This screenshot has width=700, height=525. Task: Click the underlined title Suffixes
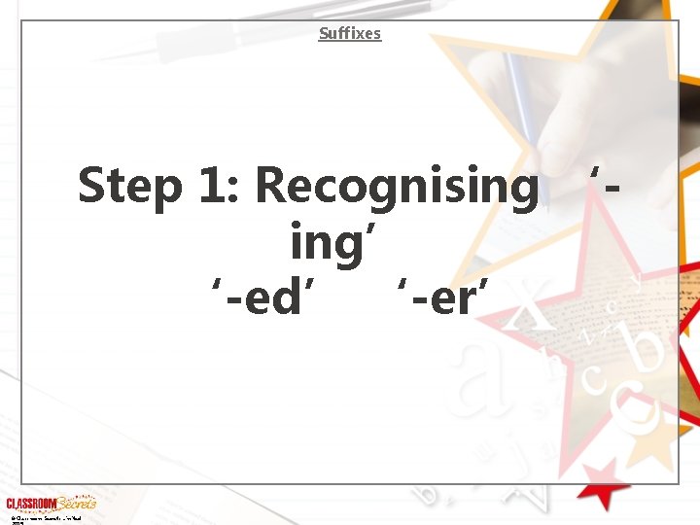click(350, 34)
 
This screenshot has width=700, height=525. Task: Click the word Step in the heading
click(128, 186)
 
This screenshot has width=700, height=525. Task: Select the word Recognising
click(396, 187)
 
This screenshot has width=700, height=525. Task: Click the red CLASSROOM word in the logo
click(30, 504)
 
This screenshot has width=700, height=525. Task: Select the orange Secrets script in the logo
click(76, 503)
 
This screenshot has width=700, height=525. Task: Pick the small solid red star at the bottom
click(604, 481)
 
